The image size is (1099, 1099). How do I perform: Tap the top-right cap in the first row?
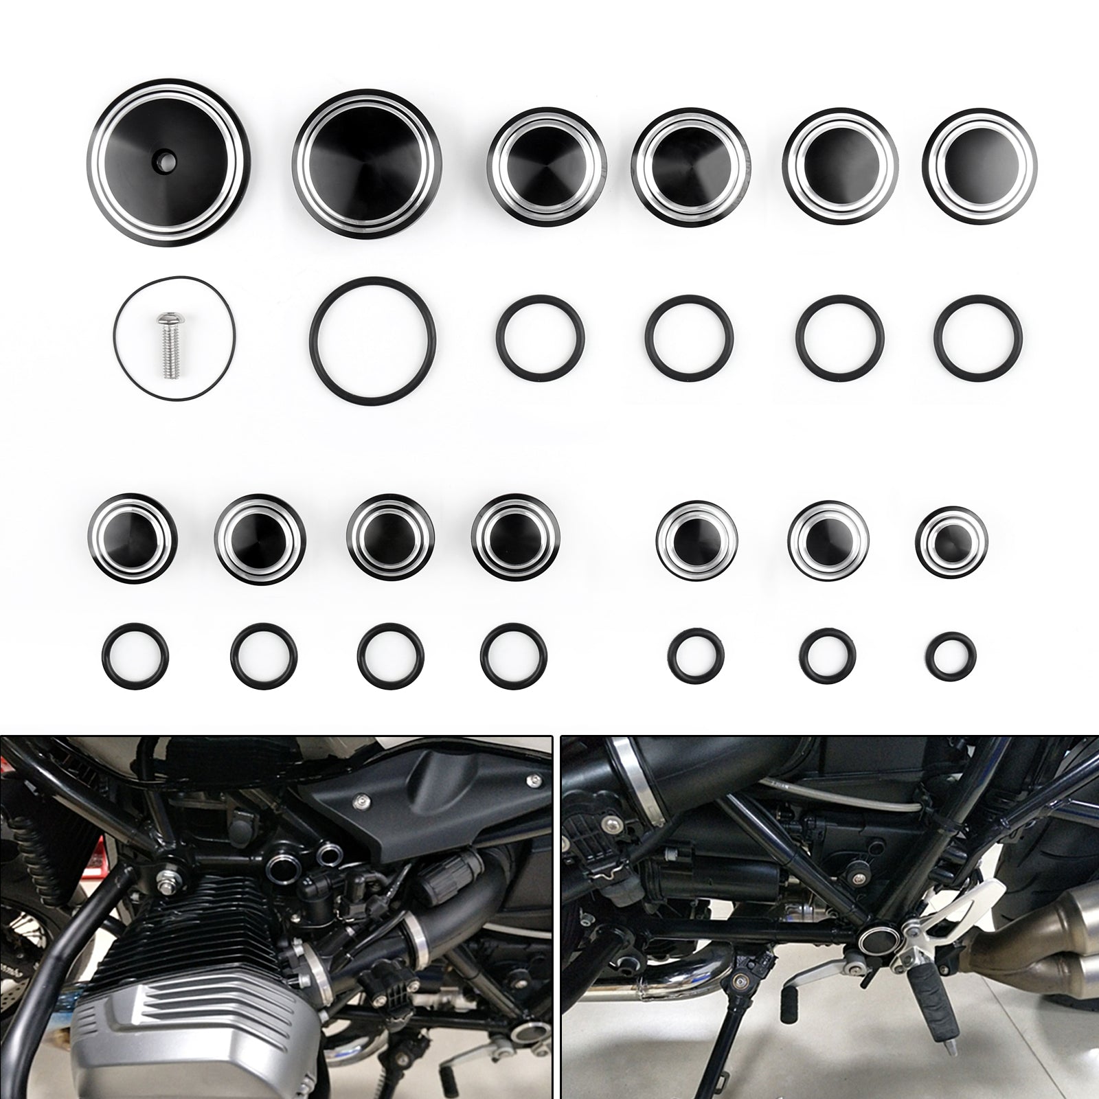pyautogui.click(x=980, y=157)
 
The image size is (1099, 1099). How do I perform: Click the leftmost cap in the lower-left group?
pyautogui.click(x=133, y=537)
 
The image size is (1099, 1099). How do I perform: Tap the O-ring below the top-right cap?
pyautogui.click(x=980, y=337)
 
